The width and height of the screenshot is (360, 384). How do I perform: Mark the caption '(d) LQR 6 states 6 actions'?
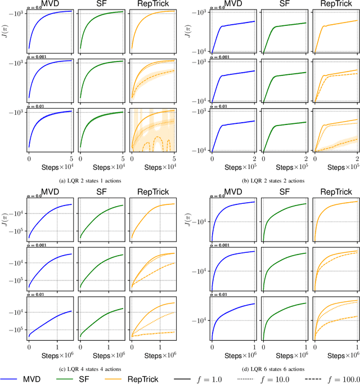click(x=271, y=368)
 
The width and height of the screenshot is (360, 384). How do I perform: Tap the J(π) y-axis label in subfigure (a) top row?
click(x=6, y=29)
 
